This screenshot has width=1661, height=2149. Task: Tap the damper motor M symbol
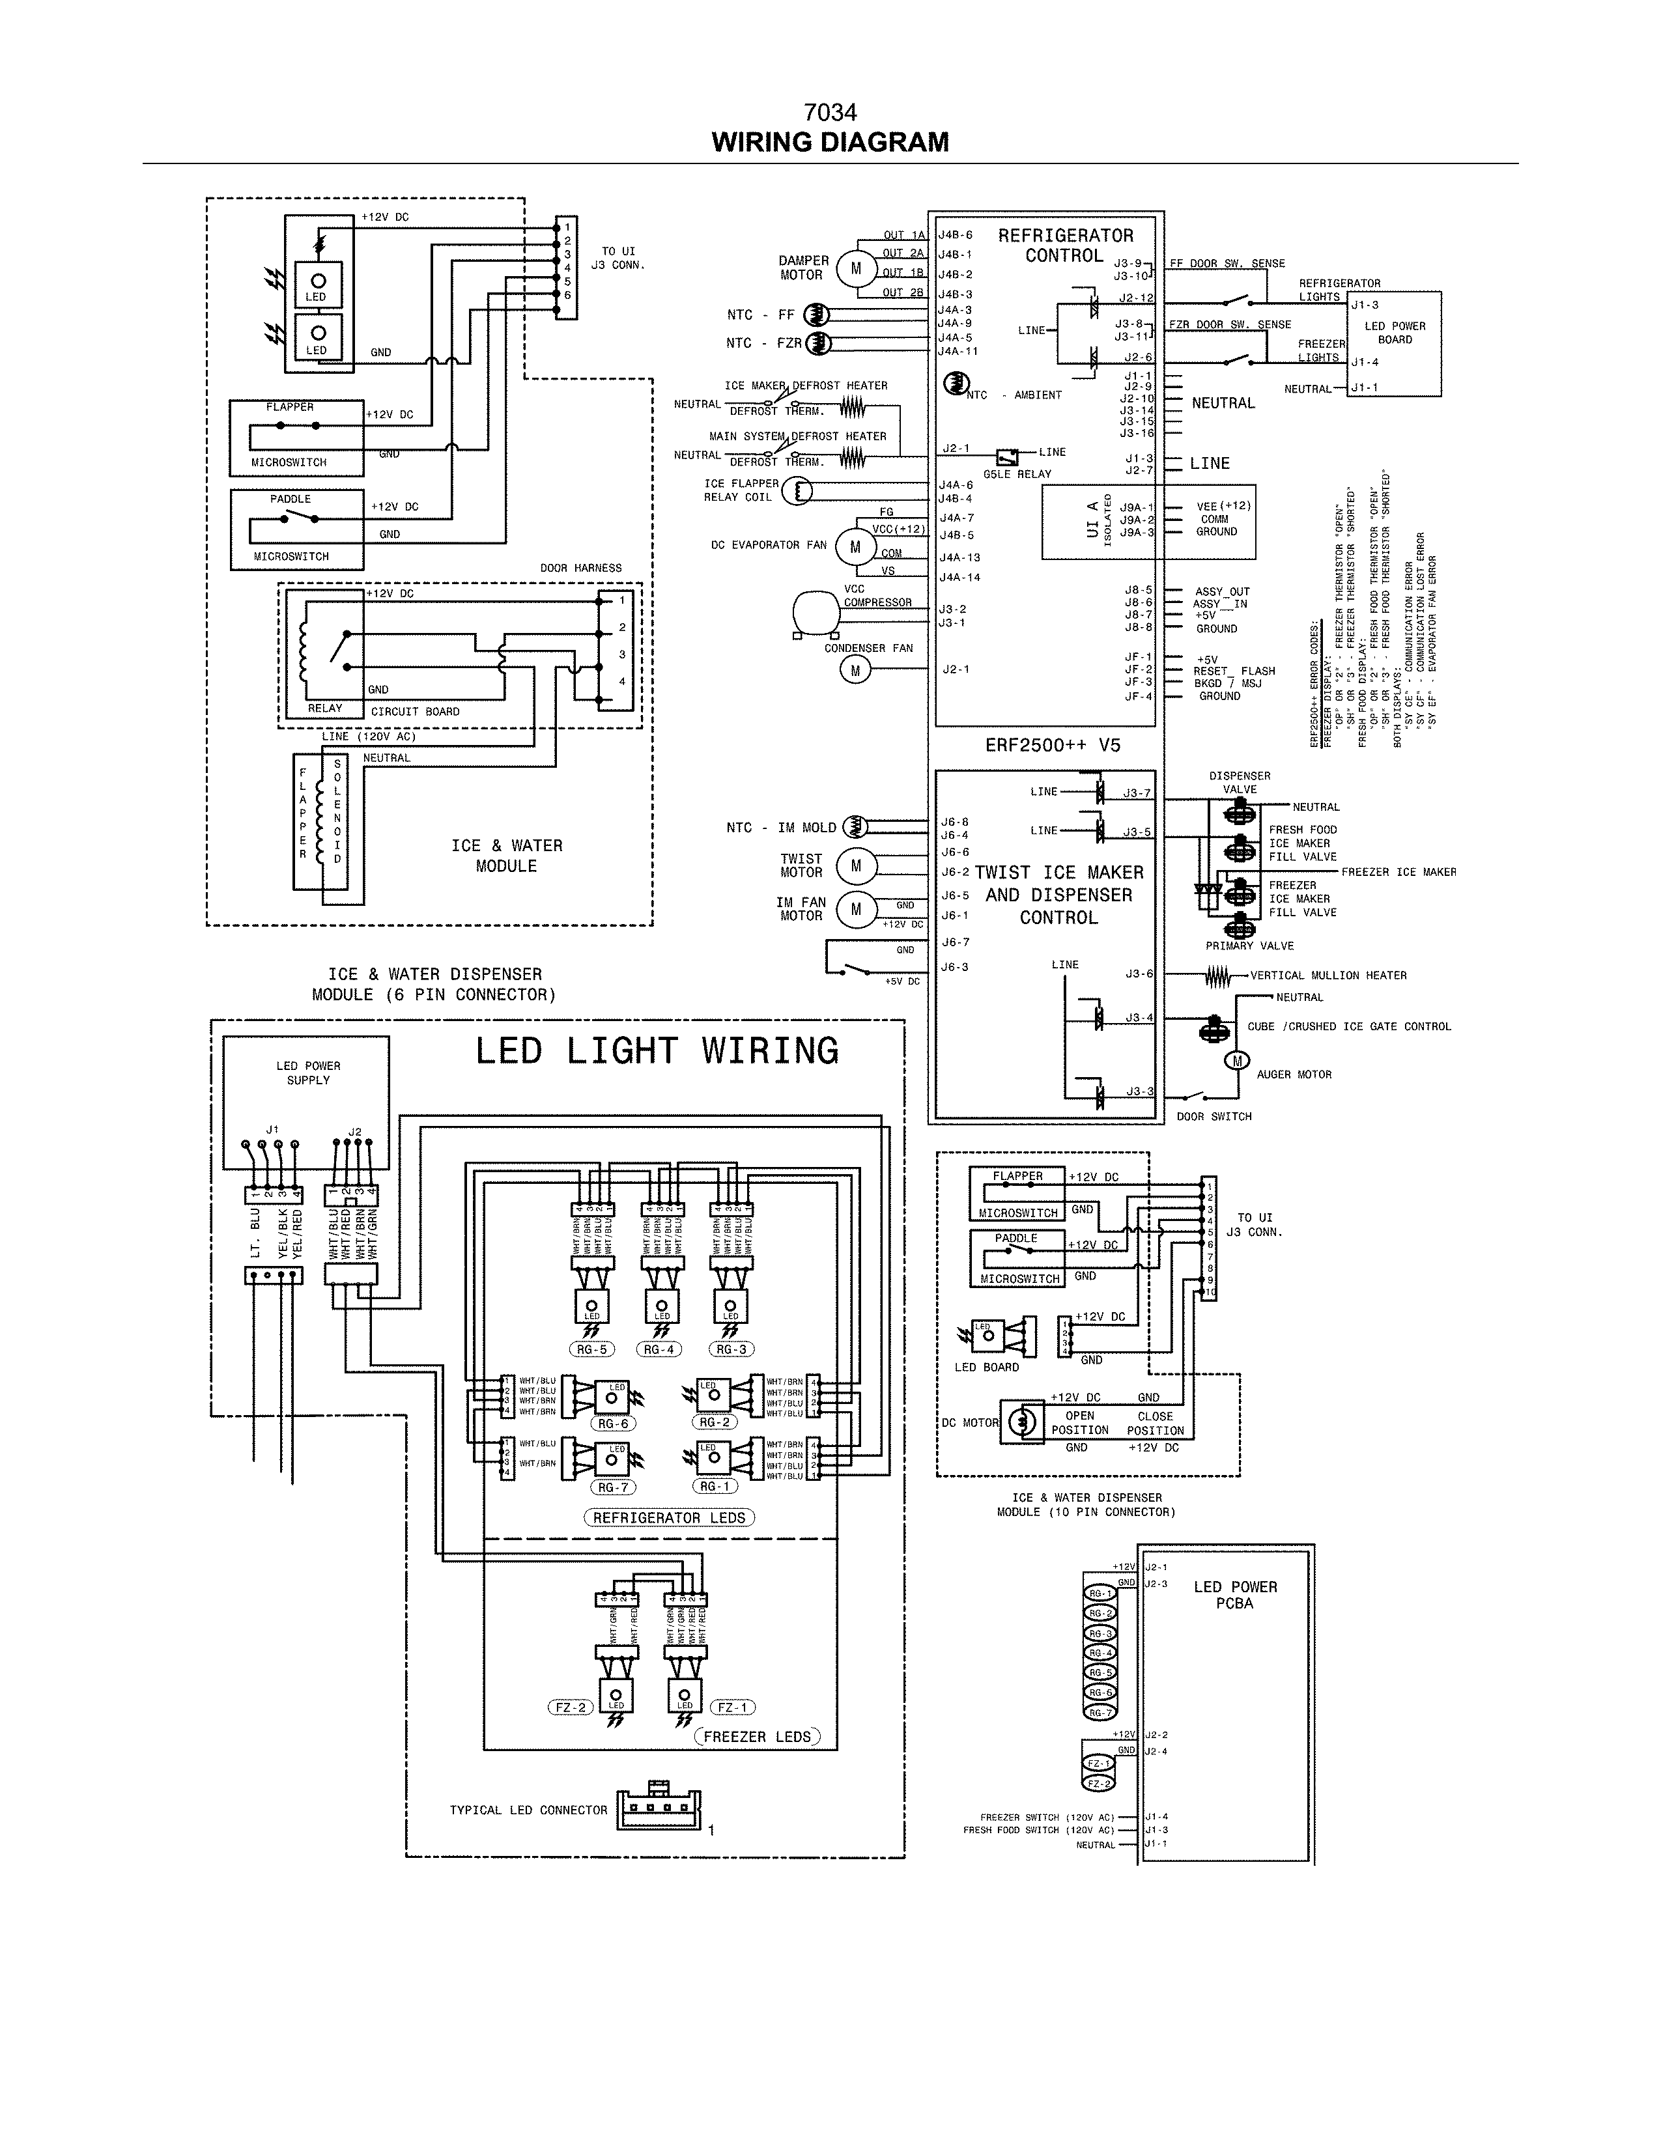pos(855,268)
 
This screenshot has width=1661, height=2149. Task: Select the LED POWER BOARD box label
pos(1395,333)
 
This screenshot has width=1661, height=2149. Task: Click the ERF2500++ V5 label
pos(1052,745)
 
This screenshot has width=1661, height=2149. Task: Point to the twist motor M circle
pos(855,866)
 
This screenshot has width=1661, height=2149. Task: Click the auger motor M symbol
pos(1236,1060)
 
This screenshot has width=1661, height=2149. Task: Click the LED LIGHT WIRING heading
pos(657,1051)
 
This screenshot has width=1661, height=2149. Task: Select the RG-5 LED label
pos(591,1350)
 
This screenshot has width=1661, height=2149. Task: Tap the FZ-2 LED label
pos(571,1707)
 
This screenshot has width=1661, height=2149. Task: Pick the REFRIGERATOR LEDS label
pos(669,1517)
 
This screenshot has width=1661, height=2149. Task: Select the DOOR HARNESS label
pos(580,568)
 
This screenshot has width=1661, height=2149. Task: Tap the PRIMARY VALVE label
pos(1250,946)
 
